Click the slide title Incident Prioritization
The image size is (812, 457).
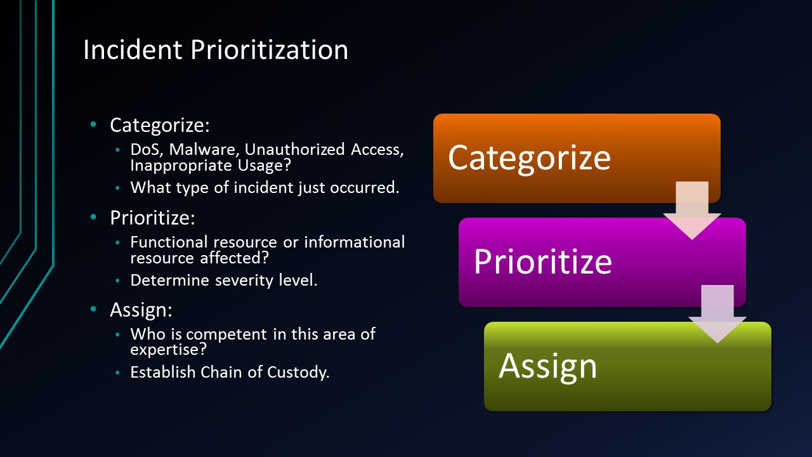(x=216, y=50)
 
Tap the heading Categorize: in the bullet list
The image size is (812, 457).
(x=159, y=126)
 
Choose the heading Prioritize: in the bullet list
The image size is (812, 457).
(x=152, y=218)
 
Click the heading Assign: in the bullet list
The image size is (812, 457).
(x=141, y=310)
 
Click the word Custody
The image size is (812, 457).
(x=299, y=373)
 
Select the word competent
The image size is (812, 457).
(x=235, y=334)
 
